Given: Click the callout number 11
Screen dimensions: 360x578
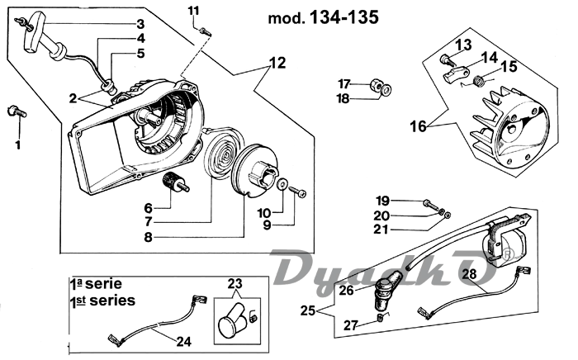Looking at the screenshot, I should (193, 10).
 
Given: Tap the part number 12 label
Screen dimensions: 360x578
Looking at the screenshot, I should (277, 62).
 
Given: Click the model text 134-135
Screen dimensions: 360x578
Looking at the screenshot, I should (339, 17).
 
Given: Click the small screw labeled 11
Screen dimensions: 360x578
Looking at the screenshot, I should (206, 31).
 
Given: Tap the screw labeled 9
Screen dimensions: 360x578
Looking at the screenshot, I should (299, 192).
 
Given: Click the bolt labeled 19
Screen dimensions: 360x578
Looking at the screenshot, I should (429, 202).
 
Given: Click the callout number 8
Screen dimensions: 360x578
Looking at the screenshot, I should (149, 236).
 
